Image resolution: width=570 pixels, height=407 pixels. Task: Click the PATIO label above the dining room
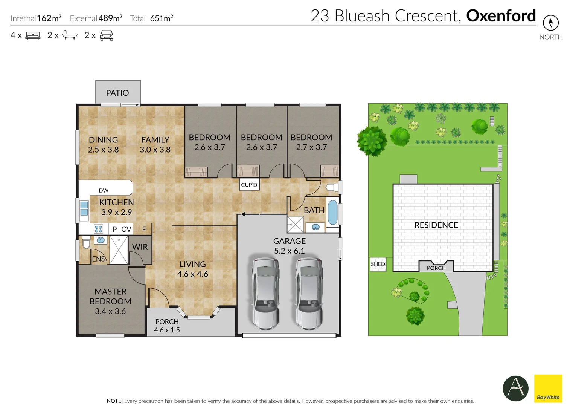pos(117,93)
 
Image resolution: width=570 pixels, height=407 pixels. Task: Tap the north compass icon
pos(550,23)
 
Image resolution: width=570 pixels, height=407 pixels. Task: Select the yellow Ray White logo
pos(548,388)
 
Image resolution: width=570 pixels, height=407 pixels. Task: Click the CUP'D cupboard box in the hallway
pos(249,185)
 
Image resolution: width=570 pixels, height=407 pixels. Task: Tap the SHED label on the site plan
pos(378,264)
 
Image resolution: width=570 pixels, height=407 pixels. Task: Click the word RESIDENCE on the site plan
pos(436,225)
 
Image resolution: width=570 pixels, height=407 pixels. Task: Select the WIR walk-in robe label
pos(140,247)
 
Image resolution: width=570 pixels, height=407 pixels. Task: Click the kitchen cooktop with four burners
pos(99,229)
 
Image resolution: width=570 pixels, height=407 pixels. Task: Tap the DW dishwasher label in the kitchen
pos(104,191)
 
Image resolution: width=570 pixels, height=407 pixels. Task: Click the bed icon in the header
pos(33,35)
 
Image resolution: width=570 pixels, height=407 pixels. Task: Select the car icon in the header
pos(107,35)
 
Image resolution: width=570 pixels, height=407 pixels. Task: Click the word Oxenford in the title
pos(501,16)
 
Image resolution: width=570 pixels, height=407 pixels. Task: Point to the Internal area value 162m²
pos(49,18)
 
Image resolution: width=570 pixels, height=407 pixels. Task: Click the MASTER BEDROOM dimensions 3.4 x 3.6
pos(110,311)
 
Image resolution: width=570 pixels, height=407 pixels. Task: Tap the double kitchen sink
pos(84,208)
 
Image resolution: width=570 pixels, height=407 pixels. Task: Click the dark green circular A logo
pos(515,388)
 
